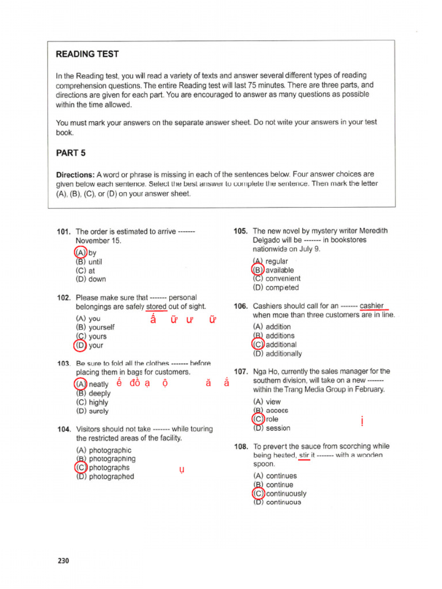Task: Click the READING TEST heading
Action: point(87,54)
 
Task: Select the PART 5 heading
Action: point(71,153)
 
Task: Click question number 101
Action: point(63,232)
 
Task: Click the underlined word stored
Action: point(157,307)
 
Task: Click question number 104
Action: point(63,429)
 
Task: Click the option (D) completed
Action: point(276,288)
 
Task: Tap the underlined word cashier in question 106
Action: point(372,306)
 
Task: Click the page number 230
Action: point(63,561)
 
